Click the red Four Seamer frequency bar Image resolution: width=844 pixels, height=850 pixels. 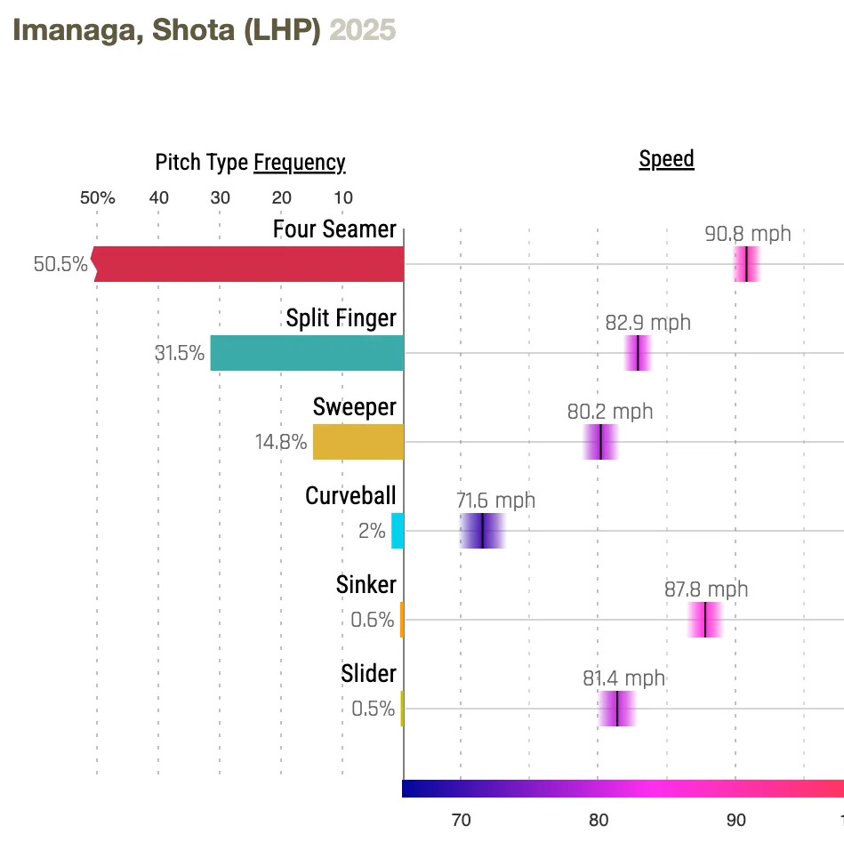tap(249, 264)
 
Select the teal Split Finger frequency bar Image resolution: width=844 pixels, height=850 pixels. tap(307, 353)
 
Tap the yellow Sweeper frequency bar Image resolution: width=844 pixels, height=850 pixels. tap(358, 442)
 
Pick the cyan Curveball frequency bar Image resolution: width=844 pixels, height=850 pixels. tap(397, 531)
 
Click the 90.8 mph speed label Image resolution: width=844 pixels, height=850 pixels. tap(747, 235)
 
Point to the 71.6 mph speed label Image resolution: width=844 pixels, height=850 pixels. tap(496, 501)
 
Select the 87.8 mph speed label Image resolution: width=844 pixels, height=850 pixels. tap(706, 589)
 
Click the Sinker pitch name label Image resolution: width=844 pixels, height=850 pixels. tap(366, 585)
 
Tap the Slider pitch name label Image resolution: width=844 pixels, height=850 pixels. tap(368, 674)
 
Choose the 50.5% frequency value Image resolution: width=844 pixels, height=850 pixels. tap(60, 264)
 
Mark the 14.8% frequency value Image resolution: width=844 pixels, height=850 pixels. tap(281, 442)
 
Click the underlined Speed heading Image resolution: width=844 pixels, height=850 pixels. tap(666, 160)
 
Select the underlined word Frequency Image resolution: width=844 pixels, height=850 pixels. tap(299, 163)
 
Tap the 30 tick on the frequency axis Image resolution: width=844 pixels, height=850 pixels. tap(220, 197)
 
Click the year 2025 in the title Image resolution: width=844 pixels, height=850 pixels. tap(363, 30)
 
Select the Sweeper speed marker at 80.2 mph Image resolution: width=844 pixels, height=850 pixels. tap(601, 442)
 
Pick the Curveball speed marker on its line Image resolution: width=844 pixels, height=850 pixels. tap(482, 531)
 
